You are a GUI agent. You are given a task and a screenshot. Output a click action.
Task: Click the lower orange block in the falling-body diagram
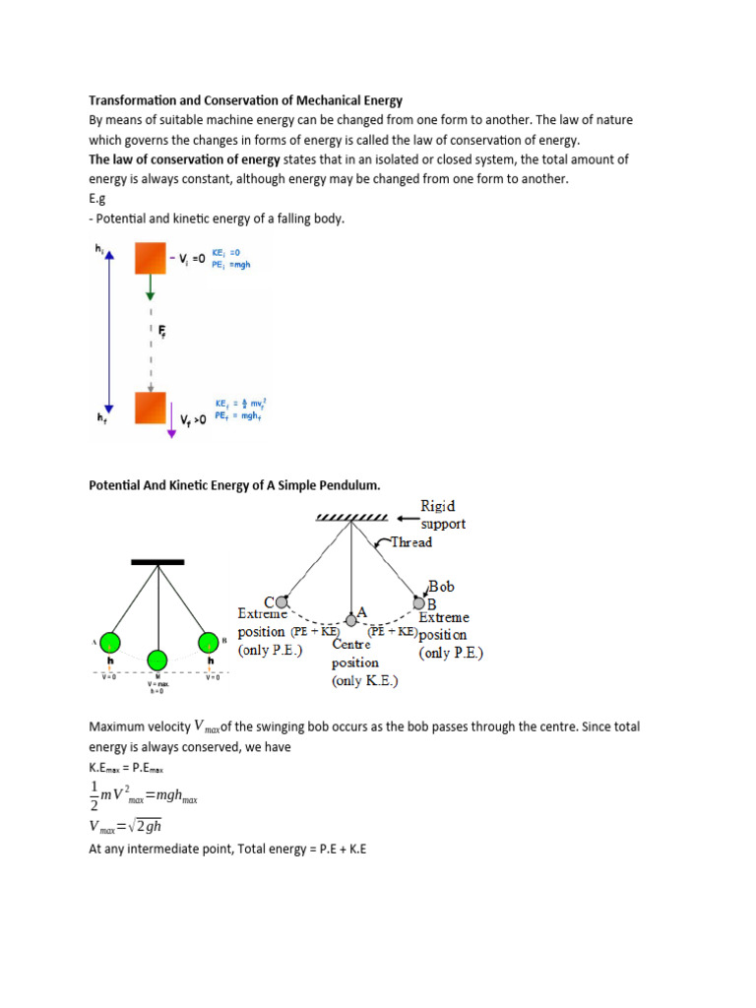pos(151,407)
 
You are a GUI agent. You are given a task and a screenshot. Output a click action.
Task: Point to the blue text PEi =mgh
pos(231,265)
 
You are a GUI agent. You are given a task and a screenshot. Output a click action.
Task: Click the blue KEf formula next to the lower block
pos(240,403)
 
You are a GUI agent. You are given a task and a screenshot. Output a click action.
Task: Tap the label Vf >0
pos(200,420)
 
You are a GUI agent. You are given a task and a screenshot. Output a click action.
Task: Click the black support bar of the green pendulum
pos(157,562)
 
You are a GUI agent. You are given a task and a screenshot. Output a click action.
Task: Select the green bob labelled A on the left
pos(109,643)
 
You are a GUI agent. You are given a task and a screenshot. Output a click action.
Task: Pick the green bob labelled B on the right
pos(207,643)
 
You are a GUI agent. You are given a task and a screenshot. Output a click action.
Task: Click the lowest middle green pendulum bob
pos(157,659)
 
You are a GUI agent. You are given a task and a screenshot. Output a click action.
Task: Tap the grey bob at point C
pos(282,601)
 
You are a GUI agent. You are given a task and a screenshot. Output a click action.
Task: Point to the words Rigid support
pos(442,515)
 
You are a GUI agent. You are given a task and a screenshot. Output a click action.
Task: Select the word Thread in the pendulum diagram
pos(410,542)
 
